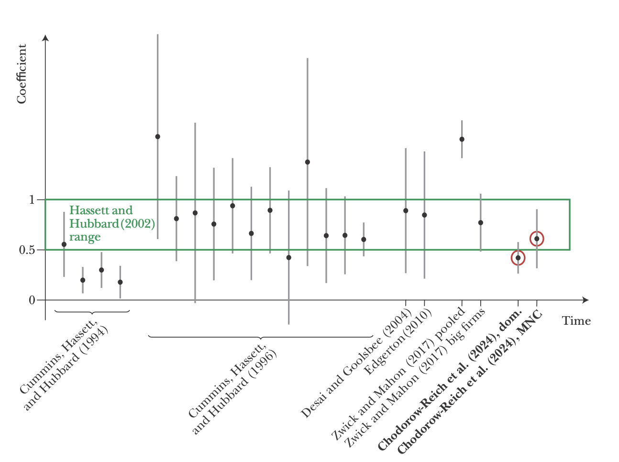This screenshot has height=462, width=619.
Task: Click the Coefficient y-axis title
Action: pyautogui.click(x=22, y=74)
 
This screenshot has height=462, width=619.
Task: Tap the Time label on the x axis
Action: pyautogui.click(x=576, y=321)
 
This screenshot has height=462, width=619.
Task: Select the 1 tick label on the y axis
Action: pyautogui.click(x=32, y=199)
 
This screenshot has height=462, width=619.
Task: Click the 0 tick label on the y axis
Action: pyautogui.click(x=32, y=300)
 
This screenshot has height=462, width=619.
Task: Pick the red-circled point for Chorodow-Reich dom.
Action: pyautogui.click(x=518, y=258)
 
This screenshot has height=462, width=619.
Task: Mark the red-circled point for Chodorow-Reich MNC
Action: pyautogui.click(x=537, y=239)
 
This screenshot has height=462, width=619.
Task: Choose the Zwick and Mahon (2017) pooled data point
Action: pyautogui.click(x=462, y=139)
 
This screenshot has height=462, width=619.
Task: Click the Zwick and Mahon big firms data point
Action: pyautogui.click(x=480, y=222)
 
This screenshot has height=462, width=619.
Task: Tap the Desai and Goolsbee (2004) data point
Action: pyautogui.click(x=406, y=210)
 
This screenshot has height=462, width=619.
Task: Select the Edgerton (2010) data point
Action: pyautogui.click(x=424, y=215)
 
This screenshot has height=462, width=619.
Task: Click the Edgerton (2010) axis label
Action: pyautogui.click(x=398, y=342)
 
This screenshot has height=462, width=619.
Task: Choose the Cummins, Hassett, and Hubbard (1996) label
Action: pyautogui.click(x=232, y=390)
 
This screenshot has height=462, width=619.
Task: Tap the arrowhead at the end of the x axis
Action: pyautogui.click(x=586, y=300)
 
